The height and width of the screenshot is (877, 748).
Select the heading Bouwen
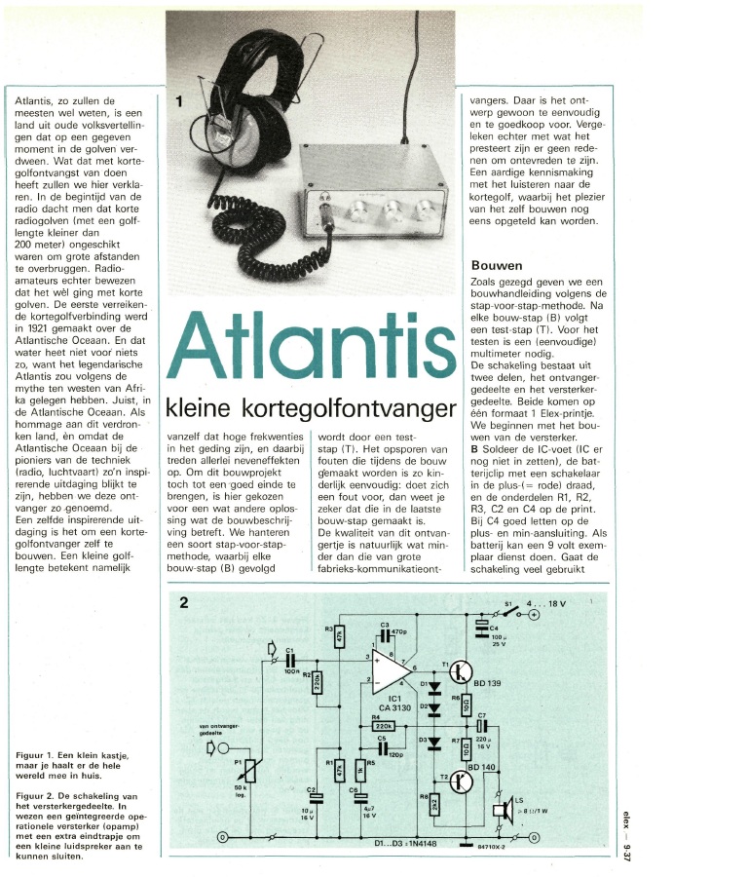[x=497, y=265]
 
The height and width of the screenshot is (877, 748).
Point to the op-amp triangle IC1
[x=395, y=672]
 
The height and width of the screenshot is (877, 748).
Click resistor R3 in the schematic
[x=339, y=635]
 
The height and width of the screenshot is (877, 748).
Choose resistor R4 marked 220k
[x=384, y=726]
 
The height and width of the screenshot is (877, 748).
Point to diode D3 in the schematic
[x=435, y=743]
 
